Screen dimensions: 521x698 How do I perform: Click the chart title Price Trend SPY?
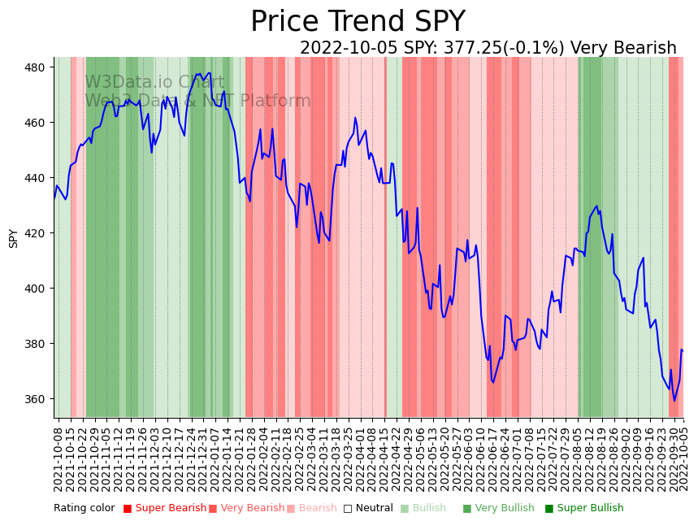coord(358,22)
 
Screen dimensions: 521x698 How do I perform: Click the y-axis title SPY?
coord(13,237)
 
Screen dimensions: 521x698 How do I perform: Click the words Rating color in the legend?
coord(85,509)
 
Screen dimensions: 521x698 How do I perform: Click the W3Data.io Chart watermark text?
coord(154,82)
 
